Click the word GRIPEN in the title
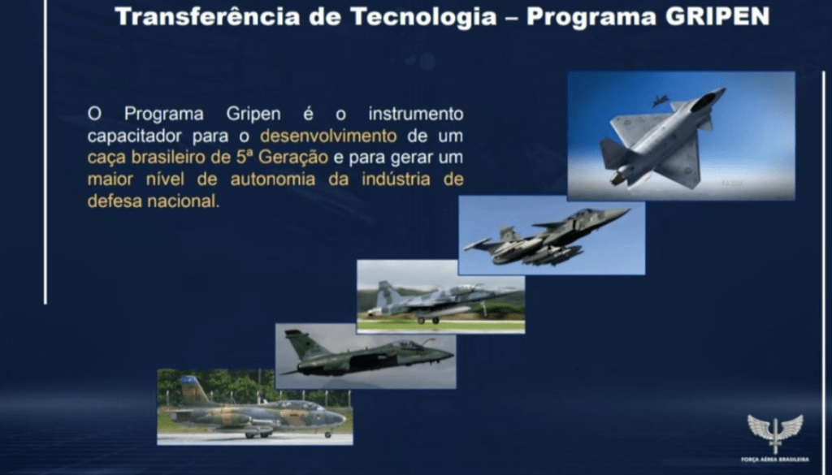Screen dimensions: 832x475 717,16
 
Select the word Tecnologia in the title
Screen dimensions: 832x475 423,17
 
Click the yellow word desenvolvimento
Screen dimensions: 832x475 328,136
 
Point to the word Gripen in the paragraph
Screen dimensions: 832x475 253,114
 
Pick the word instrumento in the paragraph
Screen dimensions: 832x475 416,114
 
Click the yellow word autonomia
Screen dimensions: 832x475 273,179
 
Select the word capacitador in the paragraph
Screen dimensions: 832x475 136,136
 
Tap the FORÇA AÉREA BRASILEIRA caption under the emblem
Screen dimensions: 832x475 774,460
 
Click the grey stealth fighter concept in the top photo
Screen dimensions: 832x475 663,140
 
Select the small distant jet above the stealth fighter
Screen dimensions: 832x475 660,100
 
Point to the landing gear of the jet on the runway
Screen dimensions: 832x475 428,320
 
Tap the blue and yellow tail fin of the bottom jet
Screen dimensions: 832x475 192,390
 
